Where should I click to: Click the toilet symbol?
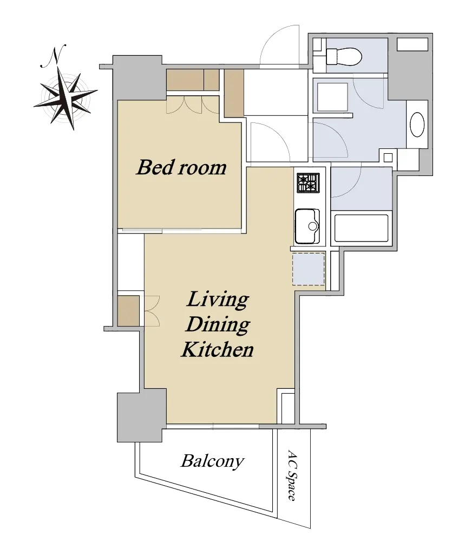(x=343, y=56)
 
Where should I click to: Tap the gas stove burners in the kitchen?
(x=308, y=183)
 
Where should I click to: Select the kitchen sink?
(x=307, y=226)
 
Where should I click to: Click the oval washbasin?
(x=417, y=125)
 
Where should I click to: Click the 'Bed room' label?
(x=181, y=167)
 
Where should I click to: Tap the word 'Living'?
(x=217, y=299)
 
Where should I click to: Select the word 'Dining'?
(x=218, y=324)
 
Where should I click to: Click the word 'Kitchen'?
(x=217, y=349)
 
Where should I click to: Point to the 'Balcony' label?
(x=212, y=461)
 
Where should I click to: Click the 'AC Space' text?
(x=292, y=475)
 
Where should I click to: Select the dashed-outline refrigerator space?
(x=308, y=269)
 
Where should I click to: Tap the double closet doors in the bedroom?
(x=193, y=105)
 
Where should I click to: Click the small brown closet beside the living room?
(x=128, y=311)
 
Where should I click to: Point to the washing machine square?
(x=332, y=97)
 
